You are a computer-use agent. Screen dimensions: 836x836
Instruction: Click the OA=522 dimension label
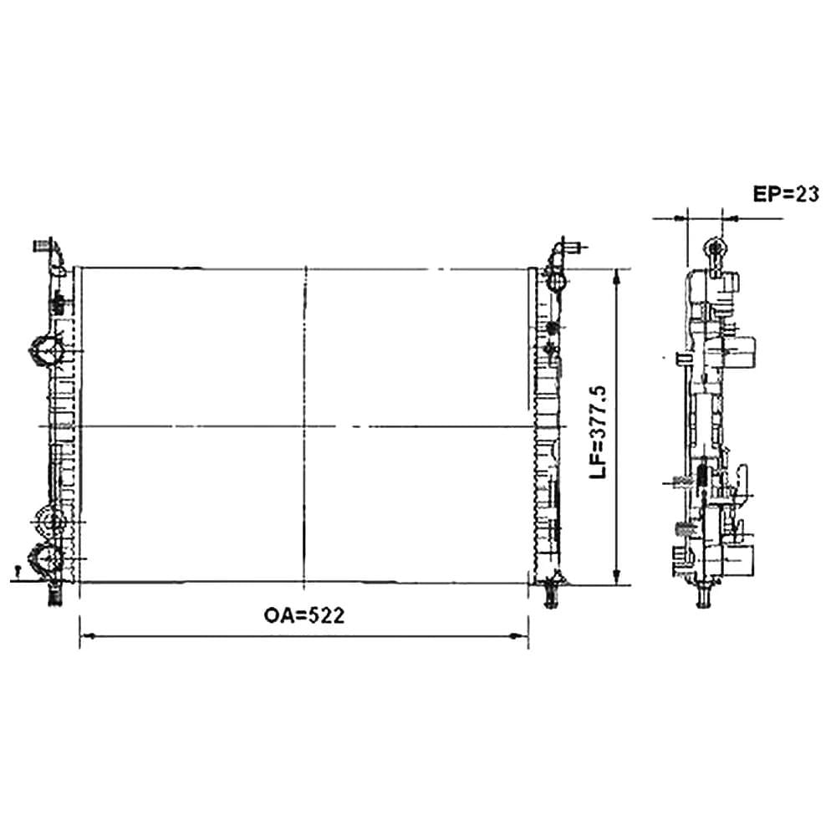304,616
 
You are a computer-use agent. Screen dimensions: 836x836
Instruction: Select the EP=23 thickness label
785,194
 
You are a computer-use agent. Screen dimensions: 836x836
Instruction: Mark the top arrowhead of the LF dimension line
616,277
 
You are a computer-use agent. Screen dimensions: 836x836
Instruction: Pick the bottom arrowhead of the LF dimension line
616,576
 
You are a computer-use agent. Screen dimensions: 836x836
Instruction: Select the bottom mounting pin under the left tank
55,594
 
